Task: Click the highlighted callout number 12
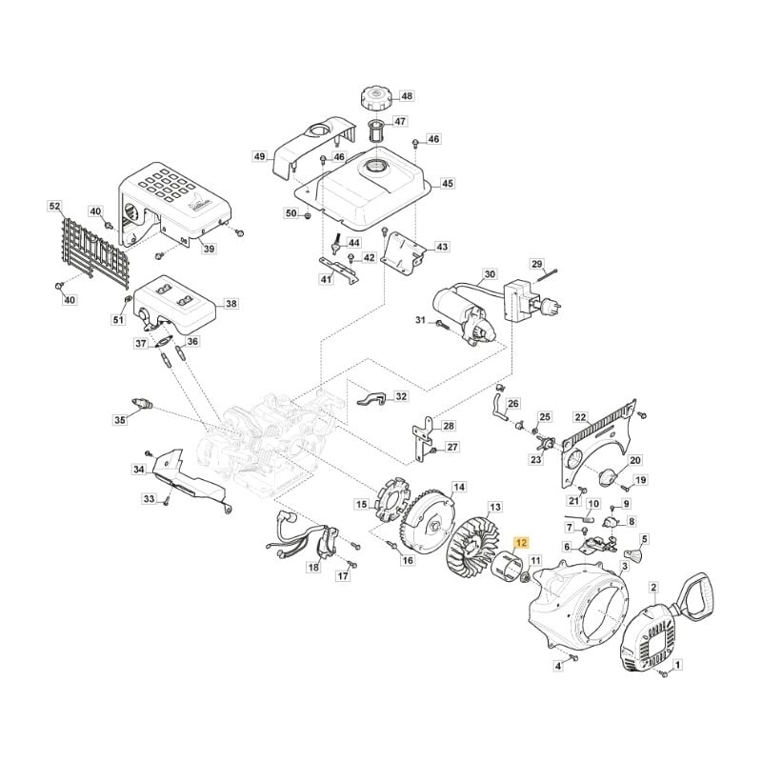pos(521,543)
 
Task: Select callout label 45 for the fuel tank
pos(447,183)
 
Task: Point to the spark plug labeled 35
pos(142,404)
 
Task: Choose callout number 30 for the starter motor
pos(490,274)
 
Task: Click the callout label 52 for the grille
pos(55,207)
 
